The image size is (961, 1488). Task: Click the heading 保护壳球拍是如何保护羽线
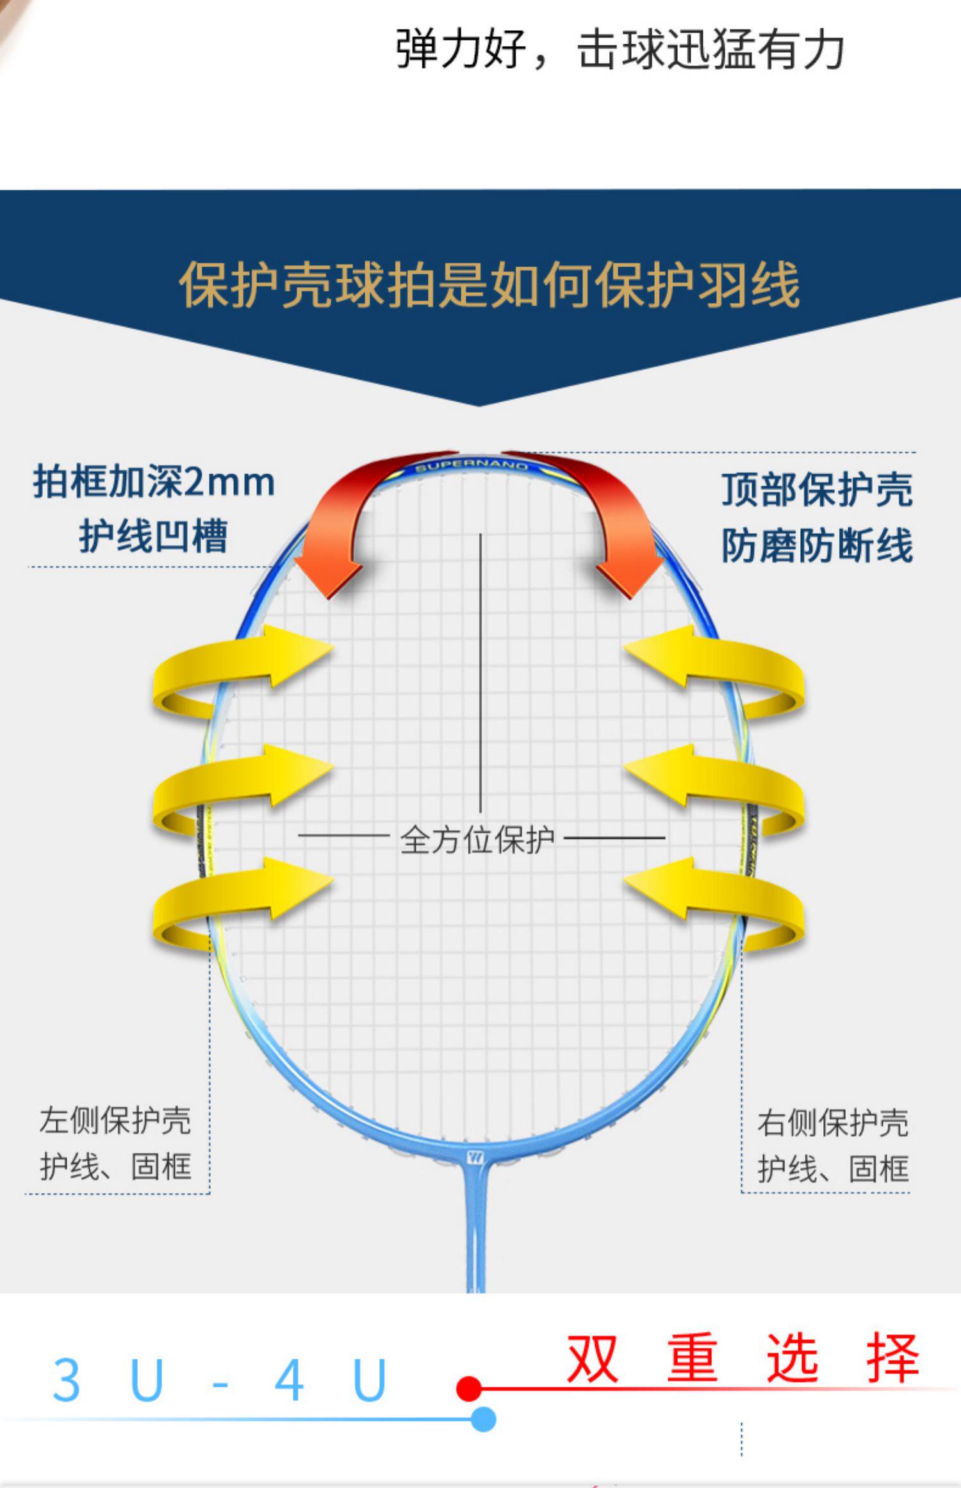coord(489,285)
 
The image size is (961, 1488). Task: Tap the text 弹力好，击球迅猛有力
coord(620,49)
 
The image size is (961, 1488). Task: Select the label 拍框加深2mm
coord(154,482)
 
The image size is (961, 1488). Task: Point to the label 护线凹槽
coord(154,536)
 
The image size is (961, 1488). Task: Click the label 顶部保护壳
coord(817,490)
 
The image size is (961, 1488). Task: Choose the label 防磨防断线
coord(817,546)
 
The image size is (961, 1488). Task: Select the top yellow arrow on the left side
coord(237,670)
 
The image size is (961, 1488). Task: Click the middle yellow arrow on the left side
coord(237,788)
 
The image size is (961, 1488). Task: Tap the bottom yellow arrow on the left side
coord(237,900)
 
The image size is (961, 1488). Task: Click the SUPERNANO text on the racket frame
coord(473,466)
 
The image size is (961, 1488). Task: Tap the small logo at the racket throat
coord(475,1157)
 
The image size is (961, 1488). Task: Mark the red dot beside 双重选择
coord(469,1389)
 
